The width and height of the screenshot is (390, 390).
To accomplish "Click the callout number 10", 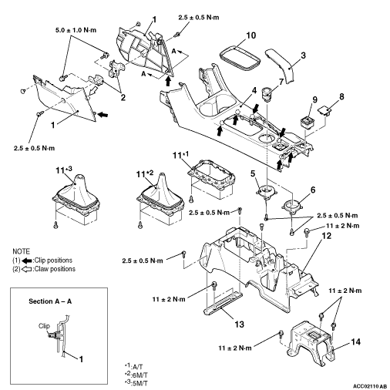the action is point(251,35).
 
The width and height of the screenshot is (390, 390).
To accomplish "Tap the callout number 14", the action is point(355,342).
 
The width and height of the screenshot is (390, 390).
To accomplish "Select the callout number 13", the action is point(239,324).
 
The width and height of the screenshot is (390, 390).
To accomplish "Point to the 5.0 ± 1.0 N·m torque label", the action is point(76,30).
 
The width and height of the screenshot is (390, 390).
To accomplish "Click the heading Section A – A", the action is point(50,301).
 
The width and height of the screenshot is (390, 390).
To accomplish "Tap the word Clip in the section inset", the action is point(44,326).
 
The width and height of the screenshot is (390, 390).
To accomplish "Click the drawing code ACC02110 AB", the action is point(369,386).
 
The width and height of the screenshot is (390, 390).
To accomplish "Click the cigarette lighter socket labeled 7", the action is point(267,94).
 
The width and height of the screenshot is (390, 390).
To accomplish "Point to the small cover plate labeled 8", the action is point(324,111).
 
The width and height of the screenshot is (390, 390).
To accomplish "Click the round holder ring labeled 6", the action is point(292,207).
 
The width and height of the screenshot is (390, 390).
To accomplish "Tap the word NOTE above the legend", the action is point(21,251).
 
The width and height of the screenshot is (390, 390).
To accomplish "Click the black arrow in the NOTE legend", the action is point(27,261).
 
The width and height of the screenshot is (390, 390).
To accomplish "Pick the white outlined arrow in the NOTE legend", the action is point(27,269).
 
